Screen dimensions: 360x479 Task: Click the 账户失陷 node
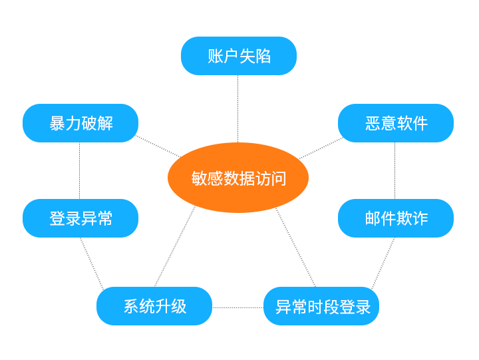(238, 56)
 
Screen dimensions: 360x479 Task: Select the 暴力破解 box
(80, 123)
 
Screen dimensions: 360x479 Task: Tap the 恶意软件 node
(395, 123)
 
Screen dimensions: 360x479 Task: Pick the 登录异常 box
(80, 218)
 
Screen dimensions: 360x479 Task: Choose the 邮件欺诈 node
(395, 218)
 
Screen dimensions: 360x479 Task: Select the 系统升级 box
(154, 306)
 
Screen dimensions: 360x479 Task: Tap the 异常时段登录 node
(321, 306)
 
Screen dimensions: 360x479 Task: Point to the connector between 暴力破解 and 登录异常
(80, 170)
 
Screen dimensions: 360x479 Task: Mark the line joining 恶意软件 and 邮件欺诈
(395, 170)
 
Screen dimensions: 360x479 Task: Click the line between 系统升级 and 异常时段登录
(238, 307)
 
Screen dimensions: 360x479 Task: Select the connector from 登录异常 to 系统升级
(92, 262)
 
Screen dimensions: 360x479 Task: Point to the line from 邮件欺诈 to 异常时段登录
(383, 262)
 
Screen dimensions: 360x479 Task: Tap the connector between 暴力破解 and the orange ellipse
(158, 147)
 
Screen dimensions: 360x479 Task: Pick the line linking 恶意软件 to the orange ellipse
(321, 148)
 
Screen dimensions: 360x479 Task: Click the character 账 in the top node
(214, 56)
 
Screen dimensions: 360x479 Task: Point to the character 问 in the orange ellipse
(278, 178)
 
